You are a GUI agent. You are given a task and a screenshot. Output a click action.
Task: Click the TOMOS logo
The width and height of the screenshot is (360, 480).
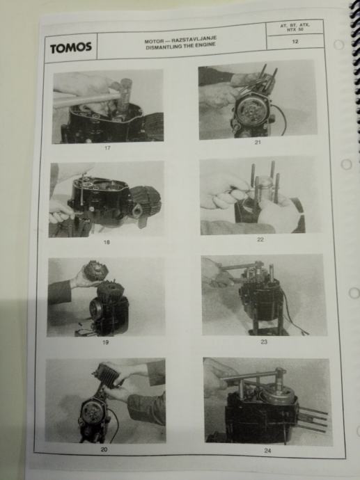click(71, 47)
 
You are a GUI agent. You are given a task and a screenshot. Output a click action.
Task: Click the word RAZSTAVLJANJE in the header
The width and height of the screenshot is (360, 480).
click(194, 40)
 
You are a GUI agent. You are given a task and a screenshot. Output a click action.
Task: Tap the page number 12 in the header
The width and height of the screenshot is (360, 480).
click(295, 41)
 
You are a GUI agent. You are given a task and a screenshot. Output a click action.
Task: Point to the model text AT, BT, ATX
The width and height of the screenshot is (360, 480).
click(295, 25)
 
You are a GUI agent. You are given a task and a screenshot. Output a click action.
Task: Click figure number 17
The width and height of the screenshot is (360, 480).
click(107, 148)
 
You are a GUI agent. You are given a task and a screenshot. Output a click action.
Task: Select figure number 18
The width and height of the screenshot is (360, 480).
click(107, 242)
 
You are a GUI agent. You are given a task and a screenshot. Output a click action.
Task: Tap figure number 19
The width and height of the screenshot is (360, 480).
click(105, 342)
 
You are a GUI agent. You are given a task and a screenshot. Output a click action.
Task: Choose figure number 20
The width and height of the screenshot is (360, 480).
click(104, 449)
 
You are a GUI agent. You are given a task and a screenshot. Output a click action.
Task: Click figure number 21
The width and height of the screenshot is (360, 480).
click(258, 142)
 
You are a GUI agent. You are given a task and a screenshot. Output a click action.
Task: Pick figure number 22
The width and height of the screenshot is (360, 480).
click(260, 239)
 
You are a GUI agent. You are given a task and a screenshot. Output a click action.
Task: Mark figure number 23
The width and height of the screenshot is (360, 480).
click(264, 342)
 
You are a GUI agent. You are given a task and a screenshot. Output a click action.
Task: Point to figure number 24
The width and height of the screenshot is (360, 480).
click(267, 451)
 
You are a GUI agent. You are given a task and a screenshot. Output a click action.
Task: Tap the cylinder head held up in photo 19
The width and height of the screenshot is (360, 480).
click(94, 271)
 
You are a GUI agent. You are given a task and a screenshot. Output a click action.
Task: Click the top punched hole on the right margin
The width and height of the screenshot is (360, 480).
click(338, 45)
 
